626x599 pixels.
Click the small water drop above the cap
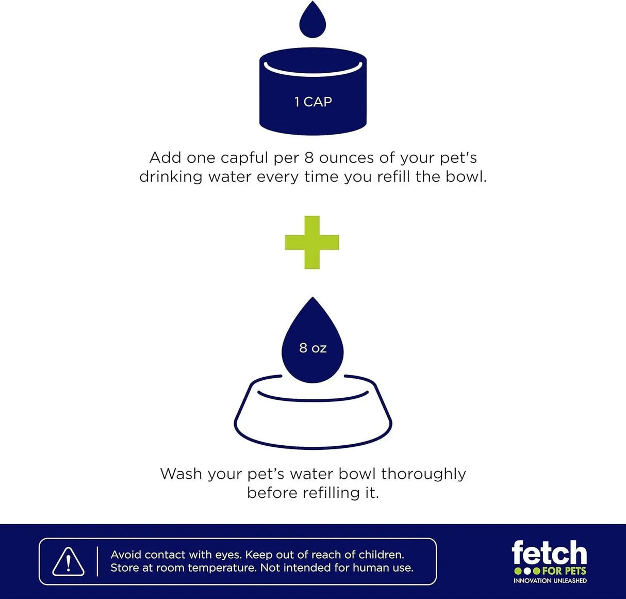pos(312,20)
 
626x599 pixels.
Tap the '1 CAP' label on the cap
pos(313,102)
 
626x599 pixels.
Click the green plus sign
pos(312,242)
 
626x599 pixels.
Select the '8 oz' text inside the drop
pos(312,348)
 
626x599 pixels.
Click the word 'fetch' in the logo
pos(550,553)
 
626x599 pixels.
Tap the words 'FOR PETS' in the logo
pos(565,571)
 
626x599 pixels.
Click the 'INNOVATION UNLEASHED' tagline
pos(550,581)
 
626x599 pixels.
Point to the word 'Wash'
pos(181,474)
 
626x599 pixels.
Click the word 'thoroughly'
pos(424,475)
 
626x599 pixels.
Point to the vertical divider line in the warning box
pos(97,562)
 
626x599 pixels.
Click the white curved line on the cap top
pos(313,71)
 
